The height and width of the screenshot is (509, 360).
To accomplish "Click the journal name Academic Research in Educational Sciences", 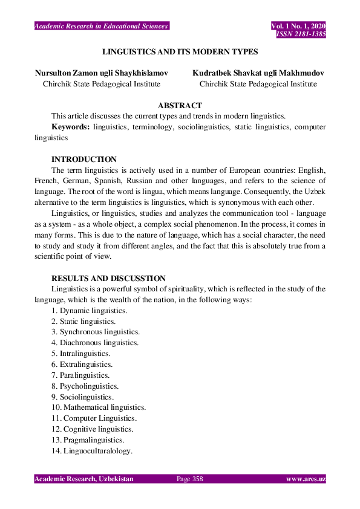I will pyautogui.click(x=101, y=26).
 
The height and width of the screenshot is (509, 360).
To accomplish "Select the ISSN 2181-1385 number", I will pyautogui.click(x=301, y=34).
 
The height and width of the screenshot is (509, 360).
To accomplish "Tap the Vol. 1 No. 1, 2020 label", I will pyautogui.click(x=298, y=26).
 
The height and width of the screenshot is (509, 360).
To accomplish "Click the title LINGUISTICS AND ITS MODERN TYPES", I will pyautogui.click(x=180, y=52).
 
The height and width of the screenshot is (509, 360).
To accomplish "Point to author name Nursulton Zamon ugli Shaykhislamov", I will pyautogui.click(x=101, y=73).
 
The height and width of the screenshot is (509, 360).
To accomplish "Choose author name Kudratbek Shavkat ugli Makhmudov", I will pyautogui.click(x=258, y=73).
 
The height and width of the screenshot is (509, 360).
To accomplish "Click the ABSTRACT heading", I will pyautogui.click(x=180, y=106).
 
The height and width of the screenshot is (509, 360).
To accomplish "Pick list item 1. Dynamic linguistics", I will pyautogui.click(x=89, y=311).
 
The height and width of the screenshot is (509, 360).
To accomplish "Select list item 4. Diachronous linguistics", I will pyautogui.click(x=95, y=343).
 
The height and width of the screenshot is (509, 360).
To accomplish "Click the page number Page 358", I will pyautogui.click(x=189, y=479).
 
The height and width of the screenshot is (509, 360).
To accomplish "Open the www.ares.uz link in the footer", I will pyautogui.click(x=306, y=479).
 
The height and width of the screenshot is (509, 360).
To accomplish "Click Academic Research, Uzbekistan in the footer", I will pyautogui.click(x=83, y=479).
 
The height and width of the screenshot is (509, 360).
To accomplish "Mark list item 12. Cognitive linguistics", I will pyautogui.click(x=92, y=429).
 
